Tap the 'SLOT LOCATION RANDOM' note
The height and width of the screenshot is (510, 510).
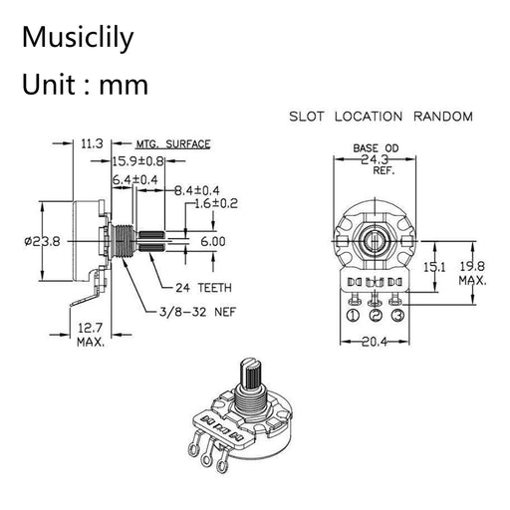click(x=380, y=116)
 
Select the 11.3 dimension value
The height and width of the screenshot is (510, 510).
click(x=92, y=144)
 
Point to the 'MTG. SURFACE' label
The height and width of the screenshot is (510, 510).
click(x=173, y=144)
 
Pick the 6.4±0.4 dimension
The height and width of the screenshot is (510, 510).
click(x=135, y=178)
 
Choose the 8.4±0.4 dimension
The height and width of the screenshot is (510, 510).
click(x=198, y=189)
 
